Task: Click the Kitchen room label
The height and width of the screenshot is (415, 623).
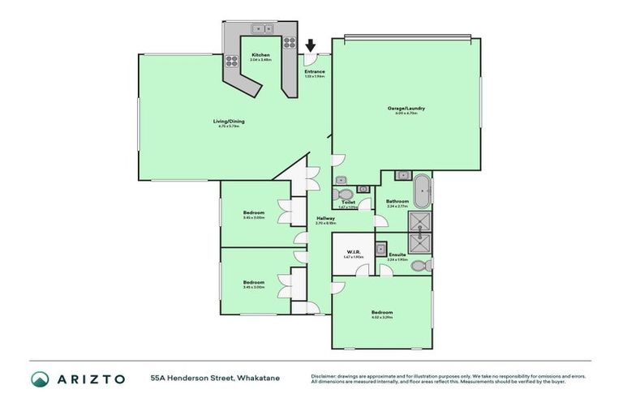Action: point(260,55)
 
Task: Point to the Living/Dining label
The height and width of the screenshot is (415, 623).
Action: point(230,122)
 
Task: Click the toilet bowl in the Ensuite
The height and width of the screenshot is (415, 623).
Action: point(419,265)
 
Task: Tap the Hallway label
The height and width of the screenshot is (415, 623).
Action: point(326,218)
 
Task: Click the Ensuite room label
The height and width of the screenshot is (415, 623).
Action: point(397,255)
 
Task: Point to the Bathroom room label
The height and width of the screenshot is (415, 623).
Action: point(397,201)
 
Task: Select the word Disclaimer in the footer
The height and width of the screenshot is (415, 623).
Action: point(324,376)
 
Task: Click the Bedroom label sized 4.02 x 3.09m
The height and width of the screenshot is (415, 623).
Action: point(382,313)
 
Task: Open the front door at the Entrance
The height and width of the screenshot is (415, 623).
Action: point(308,59)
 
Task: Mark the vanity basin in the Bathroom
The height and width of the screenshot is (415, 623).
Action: point(400,175)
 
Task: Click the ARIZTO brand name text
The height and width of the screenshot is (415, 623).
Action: point(90,379)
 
